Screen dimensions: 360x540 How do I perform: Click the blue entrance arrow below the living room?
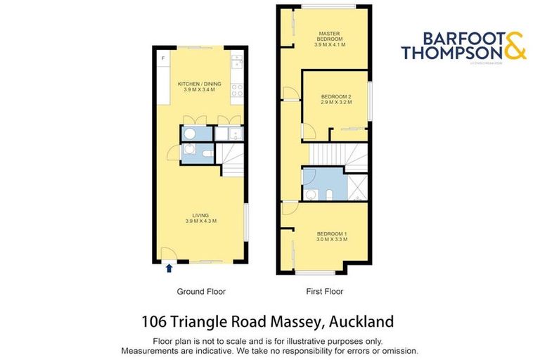169,267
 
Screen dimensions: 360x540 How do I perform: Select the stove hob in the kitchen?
238,90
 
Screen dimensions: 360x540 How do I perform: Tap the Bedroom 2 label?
335,99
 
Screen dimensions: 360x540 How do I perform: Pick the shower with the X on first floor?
358,184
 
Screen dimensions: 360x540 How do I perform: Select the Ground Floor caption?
200,291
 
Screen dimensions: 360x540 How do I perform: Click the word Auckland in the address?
358,323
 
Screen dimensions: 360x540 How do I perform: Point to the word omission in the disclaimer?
399,350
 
